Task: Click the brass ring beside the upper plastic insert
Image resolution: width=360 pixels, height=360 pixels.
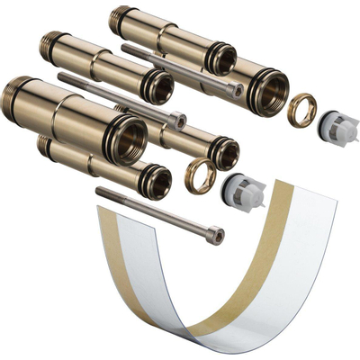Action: (302, 110)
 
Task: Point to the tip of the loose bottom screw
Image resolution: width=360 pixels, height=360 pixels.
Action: (98, 192)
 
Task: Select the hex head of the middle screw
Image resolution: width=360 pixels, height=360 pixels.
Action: (179, 120)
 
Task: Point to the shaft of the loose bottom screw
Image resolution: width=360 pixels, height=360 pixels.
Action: (153, 212)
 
